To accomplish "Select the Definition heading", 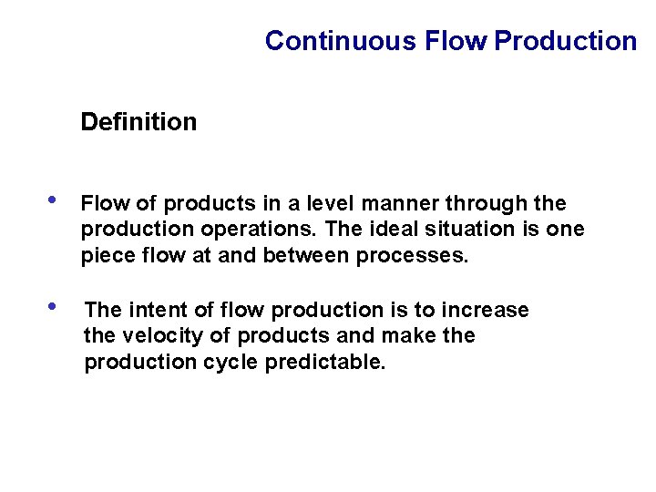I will coord(138,122).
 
